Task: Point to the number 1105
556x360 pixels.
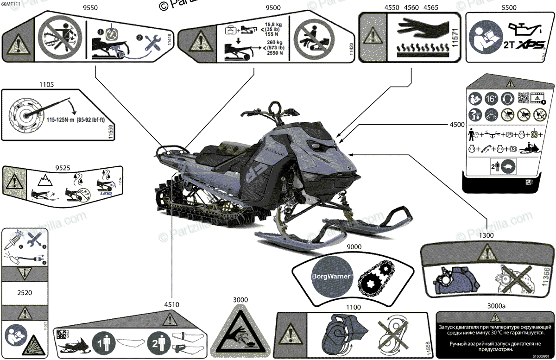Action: [x=46, y=85]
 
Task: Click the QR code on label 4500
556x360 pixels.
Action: [x=523, y=98]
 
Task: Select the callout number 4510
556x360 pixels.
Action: [x=171, y=304]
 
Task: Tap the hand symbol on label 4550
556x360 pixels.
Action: [x=417, y=25]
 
